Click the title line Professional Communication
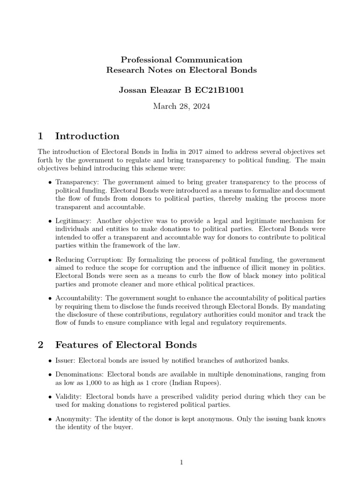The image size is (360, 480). pyautogui.click(x=181, y=60)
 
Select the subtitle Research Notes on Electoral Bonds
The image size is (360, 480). pyautogui.click(x=181, y=70)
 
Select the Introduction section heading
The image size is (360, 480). pyautogui.click(x=87, y=136)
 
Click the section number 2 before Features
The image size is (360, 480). pyautogui.click(x=40, y=345)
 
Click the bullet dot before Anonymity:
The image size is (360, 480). pyautogui.click(x=50, y=419)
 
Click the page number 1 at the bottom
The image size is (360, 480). pyautogui.click(x=181, y=463)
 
